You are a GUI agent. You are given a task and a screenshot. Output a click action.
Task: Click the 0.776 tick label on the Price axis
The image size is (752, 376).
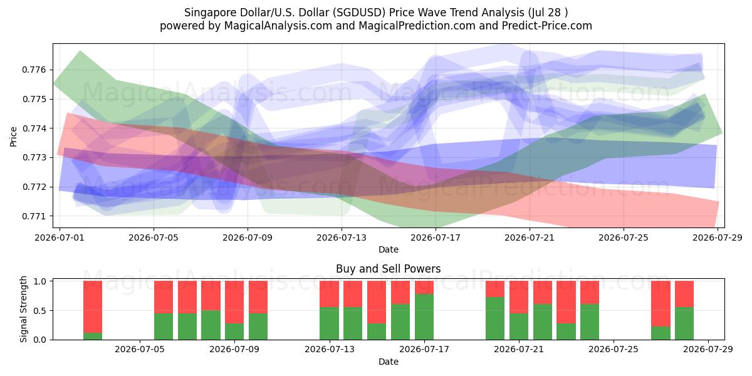pyautogui.click(x=34, y=70)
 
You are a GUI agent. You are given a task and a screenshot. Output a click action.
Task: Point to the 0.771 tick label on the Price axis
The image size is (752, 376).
pyautogui.click(x=34, y=216)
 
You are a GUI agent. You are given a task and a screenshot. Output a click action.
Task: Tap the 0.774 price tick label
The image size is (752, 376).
pyautogui.click(x=34, y=128)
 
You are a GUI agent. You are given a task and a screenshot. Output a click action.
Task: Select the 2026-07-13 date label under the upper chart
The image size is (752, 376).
pyautogui.click(x=342, y=238)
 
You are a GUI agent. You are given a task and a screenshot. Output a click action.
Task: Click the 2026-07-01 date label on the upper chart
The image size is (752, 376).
pyautogui.click(x=60, y=238)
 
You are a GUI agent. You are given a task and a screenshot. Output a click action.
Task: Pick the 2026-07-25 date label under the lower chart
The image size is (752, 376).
pyautogui.click(x=614, y=350)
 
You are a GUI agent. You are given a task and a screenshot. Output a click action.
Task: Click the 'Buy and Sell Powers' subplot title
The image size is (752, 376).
pyautogui.click(x=389, y=269)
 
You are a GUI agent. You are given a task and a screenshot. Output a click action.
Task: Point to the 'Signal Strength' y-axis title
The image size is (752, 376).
pyautogui.click(x=23, y=309)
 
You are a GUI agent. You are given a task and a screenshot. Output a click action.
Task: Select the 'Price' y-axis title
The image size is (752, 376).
pyautogui.click(x=13, y=137)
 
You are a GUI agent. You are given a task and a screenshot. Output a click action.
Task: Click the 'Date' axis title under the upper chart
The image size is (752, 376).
pyautogui.click(x=389, y=249)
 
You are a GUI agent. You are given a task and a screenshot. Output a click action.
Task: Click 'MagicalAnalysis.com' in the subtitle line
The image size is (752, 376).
pyautogui.click(x=278, y=26)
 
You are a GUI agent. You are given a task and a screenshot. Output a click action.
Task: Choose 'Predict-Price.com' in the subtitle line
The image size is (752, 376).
pyautogui.click(x=547, y=26)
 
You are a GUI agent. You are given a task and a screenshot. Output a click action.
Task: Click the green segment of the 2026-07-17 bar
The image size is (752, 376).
pyautogui.click(x=424, y=317)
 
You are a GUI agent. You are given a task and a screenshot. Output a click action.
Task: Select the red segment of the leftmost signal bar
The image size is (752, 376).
pyautogui.click(x=93, y=307)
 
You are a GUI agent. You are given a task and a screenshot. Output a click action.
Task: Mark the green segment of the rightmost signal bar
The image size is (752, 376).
pyautogui.click(x=684, y=323)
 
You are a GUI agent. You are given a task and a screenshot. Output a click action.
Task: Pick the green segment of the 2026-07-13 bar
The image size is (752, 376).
pyautogui.click(x=330, y=323)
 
